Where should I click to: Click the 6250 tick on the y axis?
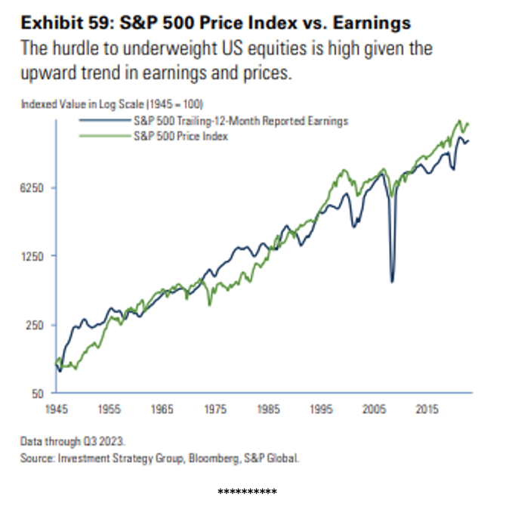point(35,187)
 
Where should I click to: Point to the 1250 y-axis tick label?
point(35,255)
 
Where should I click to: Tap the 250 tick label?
point(38,325)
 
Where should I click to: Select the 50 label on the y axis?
point(40,393)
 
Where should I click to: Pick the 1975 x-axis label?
point(215,409)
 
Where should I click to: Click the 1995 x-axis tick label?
point(321,409)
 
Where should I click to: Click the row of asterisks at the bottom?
point(247,492)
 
